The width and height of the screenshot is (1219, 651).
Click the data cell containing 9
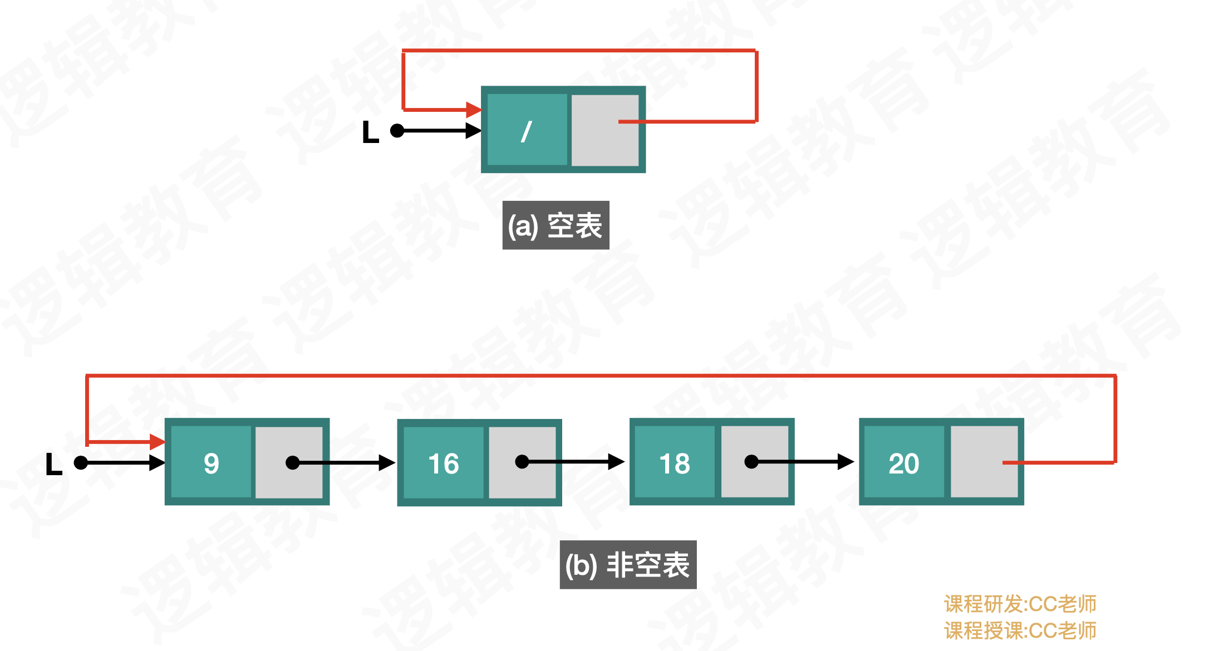point(211,462)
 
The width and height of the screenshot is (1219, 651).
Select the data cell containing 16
point(443,463)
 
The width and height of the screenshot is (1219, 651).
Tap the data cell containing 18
point(675,463)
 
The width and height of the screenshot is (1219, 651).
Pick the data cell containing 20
point(903,463)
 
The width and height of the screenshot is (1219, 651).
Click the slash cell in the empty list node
point(527,130)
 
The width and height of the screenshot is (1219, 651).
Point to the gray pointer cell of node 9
point(289,462)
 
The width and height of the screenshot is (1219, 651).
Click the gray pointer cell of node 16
point(522,462)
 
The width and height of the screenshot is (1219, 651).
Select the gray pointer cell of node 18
point(754,462)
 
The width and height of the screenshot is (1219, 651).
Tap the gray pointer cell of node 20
point(984,462)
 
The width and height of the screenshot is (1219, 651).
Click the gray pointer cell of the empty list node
point(604,130)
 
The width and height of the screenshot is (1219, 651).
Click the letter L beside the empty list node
point(370,132)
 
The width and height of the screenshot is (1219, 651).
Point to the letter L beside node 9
point(53,464)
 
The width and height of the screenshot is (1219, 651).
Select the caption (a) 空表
point(556,225)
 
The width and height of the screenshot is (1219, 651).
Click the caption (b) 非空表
point(628,565)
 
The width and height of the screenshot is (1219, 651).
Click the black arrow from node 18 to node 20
point(804,462)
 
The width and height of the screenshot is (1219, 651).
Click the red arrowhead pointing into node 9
point(158,442)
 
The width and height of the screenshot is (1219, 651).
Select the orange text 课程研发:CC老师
point(1020,604)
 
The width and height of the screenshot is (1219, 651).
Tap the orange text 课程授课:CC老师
point(1020,630)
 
